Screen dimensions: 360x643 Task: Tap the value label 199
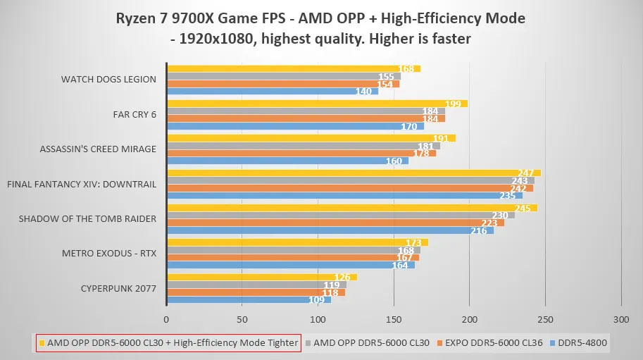[453, 104]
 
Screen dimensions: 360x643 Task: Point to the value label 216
[479, 230]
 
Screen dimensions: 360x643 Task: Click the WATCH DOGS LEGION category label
[108, 79]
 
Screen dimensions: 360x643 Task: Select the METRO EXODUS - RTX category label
[109, 253]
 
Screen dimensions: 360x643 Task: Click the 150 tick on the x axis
[393, 319]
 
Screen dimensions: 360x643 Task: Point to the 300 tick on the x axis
[620, 319]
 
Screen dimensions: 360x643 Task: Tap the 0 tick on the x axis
[166, 319]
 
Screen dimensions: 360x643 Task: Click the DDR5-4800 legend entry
[582, 343]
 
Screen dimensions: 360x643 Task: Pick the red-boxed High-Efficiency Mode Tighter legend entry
[168, 343]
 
